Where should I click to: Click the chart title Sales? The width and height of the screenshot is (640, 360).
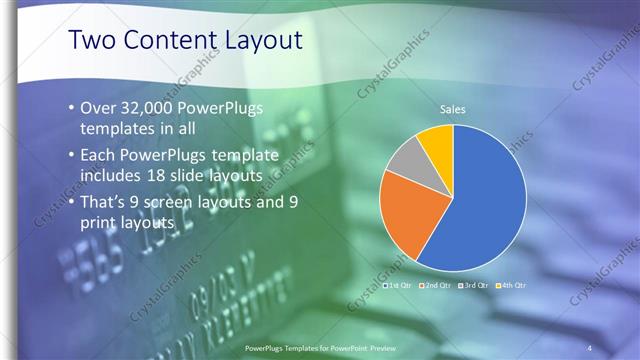click(453, 109)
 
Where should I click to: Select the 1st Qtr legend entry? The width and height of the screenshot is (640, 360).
click(401, 285)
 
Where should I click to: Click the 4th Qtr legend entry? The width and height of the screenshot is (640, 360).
click(511, 285)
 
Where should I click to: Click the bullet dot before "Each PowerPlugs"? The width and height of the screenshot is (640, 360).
click(71, 155)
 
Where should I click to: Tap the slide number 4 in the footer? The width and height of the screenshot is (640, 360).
click(589, 347)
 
